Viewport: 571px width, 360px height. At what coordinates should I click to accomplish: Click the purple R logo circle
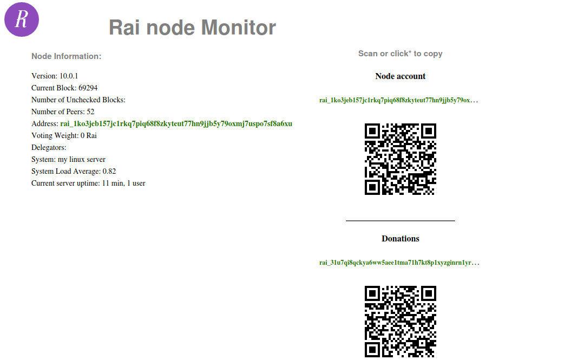pyautogui.click(x=22, y=19)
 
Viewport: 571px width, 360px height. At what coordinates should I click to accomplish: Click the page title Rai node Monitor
pyautogui.click(x=192, y=27)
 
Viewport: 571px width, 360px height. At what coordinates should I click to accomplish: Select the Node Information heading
pyautogui.click(x=66, y=56)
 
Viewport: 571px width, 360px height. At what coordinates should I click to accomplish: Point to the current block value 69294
pyautogui.click(x=88, y=88)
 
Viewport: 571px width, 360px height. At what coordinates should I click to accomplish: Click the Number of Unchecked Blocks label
pyautogui.click(x=78, y=100)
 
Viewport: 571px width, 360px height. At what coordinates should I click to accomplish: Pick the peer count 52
pyautogui.click(x=90, y=112)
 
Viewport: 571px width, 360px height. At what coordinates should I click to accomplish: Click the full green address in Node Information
pyautogui.click(x=176, y=124)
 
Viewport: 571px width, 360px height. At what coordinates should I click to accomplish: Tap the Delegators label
pyautogui.click(x=49, y=148)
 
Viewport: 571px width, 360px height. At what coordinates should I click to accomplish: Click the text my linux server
pyautogui.click(x=82, y=160)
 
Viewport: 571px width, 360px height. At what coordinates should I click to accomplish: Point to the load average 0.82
pyautogui.click(x=109, y=172)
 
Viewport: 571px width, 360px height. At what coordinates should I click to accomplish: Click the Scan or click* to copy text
pyautogui.click(x=400, y=54)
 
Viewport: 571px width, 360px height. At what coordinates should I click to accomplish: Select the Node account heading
pyautogui.click(x=400, y=76)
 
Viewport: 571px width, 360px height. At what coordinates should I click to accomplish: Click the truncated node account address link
pyautogui.click(x=398, y=100)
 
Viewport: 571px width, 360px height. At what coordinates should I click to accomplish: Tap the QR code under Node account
pyautogui.click(x=400, y=159)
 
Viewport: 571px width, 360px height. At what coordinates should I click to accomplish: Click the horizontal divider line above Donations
pyautogui.click(x=400, y=221)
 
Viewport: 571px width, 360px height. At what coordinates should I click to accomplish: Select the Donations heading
pyautogui.click(x=400, y=239)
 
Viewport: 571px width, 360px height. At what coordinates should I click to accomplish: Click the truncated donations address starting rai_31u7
pyautogui.click(x=399, y=263)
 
